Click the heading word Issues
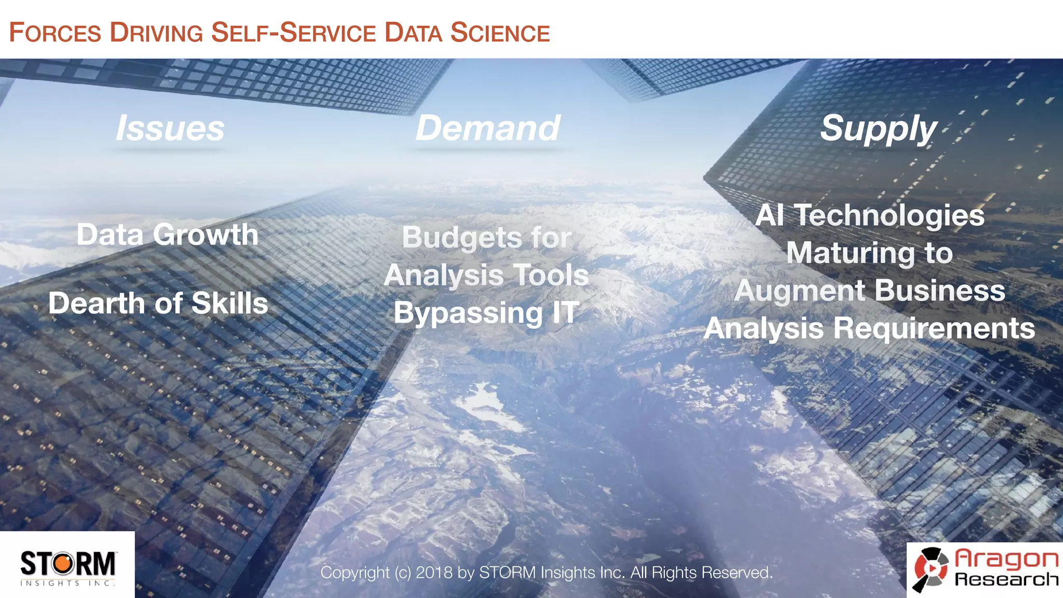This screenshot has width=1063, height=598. pos(170,128)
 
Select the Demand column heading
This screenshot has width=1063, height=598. pos(488,128)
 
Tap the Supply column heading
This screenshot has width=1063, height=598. pos(878,129)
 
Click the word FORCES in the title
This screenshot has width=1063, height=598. pos(55,33)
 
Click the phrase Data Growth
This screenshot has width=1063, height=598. pos(167,235)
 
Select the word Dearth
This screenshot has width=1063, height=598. pos(97,303)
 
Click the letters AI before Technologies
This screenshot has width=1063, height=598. pos(769,215)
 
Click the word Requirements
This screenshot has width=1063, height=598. pos(934,328)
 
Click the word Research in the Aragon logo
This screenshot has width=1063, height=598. pos(1006,579)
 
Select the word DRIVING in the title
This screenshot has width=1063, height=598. pos(156,33)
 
